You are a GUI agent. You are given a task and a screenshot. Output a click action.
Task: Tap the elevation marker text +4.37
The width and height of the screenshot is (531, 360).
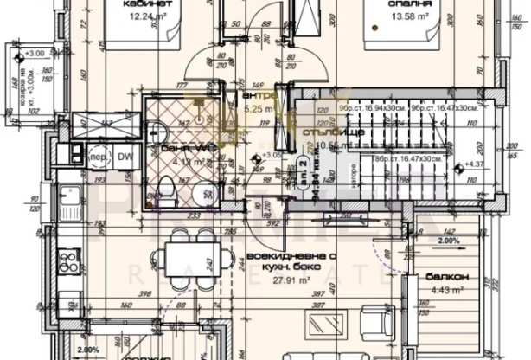[474, 164]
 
